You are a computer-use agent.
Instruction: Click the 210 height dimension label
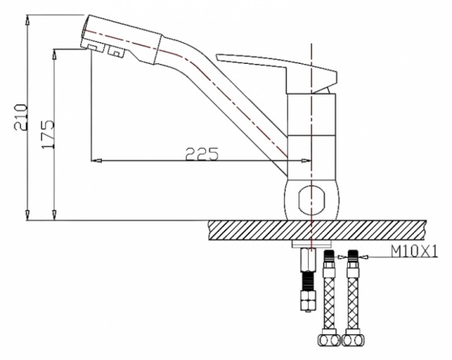(x=21, y=117)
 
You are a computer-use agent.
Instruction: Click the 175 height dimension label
(x=48, y=134)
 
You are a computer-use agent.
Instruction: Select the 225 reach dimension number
(x=202, y=154)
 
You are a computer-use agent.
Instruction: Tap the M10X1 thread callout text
(x=414, y=251)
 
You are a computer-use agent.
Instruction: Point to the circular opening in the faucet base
(x=311, y=200)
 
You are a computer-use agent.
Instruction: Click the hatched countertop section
(x=317, y=231)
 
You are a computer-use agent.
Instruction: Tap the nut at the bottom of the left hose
(x=329, y=341)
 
